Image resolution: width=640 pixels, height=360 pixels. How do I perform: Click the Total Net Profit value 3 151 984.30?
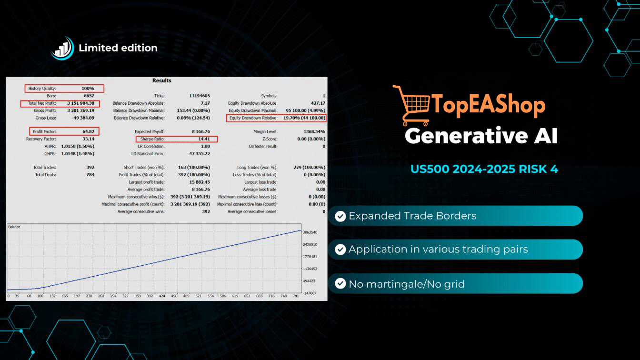coord(80,103)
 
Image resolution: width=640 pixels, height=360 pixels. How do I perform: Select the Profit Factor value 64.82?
coord(88,131)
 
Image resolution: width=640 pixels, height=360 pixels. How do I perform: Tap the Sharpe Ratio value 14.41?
coord(204,139)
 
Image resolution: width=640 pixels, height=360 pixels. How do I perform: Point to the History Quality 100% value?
coord(88,88)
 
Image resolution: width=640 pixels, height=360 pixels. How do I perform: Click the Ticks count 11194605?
coord(200,96)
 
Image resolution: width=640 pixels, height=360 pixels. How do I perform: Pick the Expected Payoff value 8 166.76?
coord(201,131)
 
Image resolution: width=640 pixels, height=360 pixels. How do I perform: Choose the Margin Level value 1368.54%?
coord(314,131)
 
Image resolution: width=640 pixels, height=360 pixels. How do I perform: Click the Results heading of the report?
coord(162,80)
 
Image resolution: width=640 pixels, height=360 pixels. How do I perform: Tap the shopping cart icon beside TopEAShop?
coord(411,105)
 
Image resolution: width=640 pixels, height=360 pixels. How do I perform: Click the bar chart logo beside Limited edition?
coord(62,48)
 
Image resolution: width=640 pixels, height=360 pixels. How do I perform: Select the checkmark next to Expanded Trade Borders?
coord(340,216)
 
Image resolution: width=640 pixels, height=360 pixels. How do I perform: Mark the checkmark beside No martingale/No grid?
coord(340,284)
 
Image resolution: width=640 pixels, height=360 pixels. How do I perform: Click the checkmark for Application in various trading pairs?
coord(340,250)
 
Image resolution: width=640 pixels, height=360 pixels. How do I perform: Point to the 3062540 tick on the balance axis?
coord(310,232)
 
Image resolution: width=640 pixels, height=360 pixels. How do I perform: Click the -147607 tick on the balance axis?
coord(310,293)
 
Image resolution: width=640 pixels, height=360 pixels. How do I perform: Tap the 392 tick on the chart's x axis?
coord(150,296)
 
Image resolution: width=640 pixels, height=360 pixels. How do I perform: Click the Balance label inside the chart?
coord(14,227)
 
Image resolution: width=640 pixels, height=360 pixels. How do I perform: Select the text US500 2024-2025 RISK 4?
coord(484,169)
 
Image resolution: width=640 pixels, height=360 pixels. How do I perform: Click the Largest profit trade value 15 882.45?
coord(200,182)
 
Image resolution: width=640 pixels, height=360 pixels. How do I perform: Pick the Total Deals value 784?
coord(90,175)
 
